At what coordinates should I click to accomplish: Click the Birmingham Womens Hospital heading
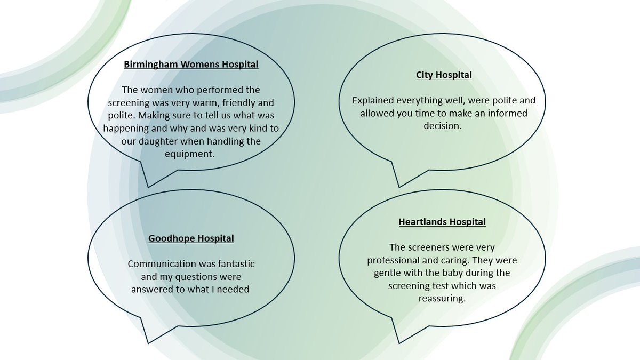(x=191, y=65)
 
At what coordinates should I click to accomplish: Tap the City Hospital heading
(x=444, y=75)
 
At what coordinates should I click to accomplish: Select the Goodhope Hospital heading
(x=191, y=238)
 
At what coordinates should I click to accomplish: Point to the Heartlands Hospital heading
(x=442, y=222)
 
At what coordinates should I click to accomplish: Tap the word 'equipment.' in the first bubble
(x=190, y=154)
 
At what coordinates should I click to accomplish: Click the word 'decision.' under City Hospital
(x=443, y=126)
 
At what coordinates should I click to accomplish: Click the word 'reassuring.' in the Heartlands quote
(x=442, y=299)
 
